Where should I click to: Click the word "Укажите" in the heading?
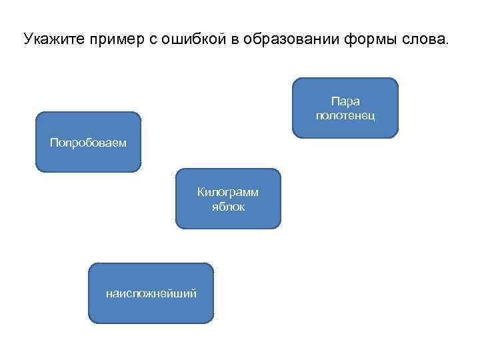click(x=49, y=39)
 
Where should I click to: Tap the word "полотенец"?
click(x=345, y=116)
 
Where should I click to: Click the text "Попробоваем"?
click(x=88, y=142)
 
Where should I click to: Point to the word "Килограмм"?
click(x=228, y=193)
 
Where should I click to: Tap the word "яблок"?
click(x=228, y=207)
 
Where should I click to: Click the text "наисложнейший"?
click(x=151, y=293)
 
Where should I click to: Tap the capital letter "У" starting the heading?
click(x=27, y=39)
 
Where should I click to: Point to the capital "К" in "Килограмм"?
click(x=200, y=193)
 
